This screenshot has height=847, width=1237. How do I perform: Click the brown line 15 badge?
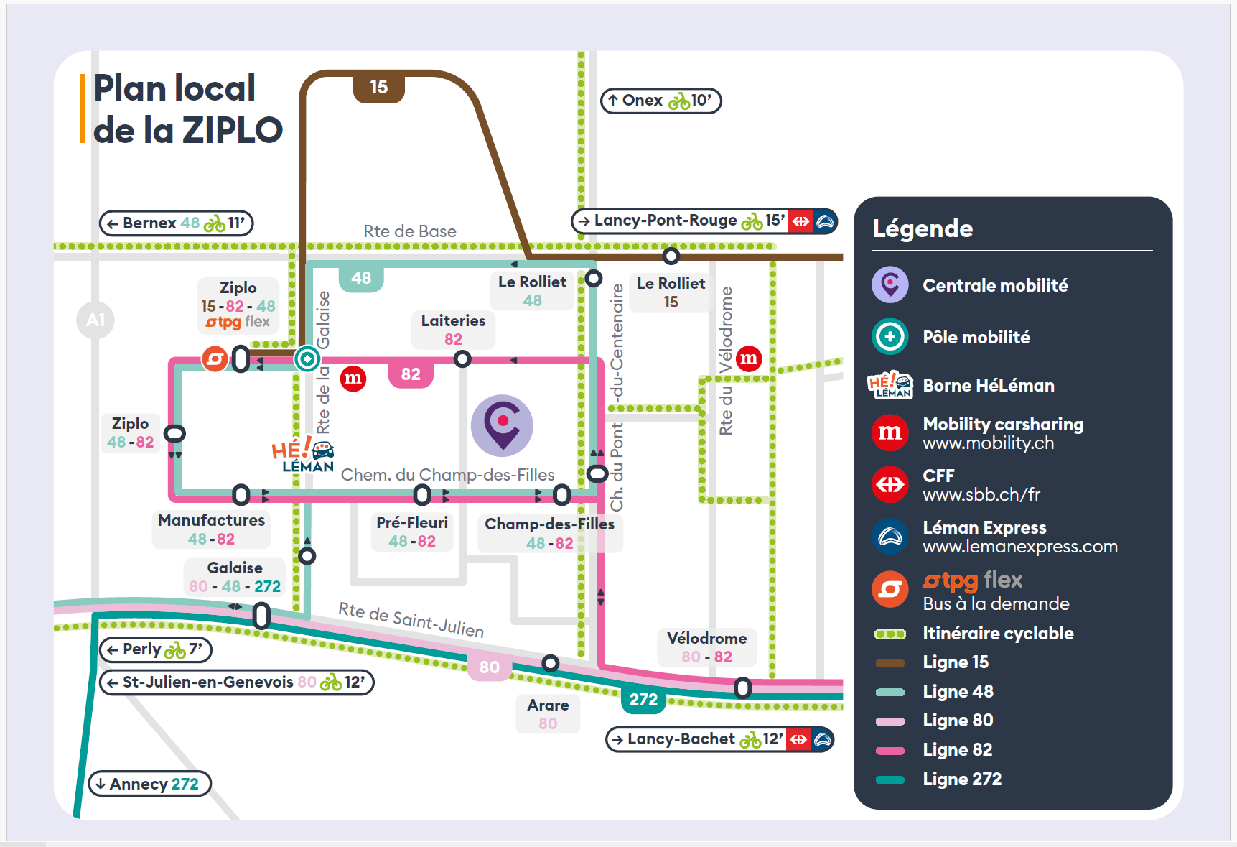click(378, 87)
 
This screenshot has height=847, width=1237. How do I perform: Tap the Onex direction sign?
click(660, 101)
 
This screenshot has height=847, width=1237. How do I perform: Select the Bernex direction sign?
click(176, 223)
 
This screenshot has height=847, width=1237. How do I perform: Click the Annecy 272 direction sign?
click(149, 784)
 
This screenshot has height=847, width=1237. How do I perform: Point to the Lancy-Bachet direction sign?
click(720, 739)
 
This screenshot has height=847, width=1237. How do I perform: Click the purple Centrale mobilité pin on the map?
click(502, 425)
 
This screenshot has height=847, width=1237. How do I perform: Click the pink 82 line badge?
click(411, 374)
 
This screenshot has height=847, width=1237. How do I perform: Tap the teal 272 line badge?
click(643, 700)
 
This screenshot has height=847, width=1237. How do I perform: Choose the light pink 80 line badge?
click(489, 667)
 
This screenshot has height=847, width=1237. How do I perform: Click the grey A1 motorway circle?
click(95, 320)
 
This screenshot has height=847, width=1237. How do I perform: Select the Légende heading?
click(923, 228)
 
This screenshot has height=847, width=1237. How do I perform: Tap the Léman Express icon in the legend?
click(890, 537)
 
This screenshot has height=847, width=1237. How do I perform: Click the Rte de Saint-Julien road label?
click(411, 620)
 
